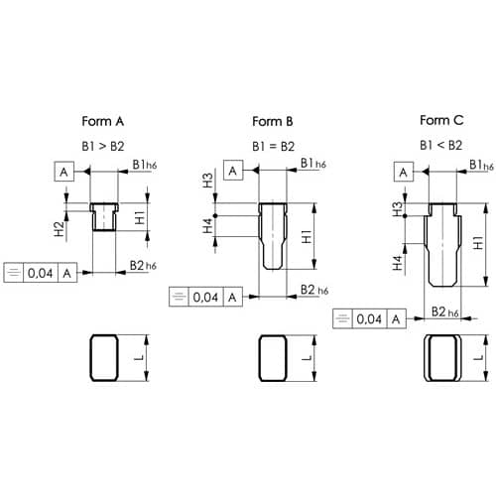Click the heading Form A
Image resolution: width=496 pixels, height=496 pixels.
pos(103,121)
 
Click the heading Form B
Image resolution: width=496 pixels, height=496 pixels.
pos(273,121)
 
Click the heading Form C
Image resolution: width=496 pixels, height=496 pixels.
pos(441,120)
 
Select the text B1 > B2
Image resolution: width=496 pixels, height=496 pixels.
pos(103,146)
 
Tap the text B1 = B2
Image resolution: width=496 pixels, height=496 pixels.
pos(273,146)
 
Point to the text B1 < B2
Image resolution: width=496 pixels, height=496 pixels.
pos(441,145)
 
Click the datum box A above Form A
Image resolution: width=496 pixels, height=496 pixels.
pos(64,172)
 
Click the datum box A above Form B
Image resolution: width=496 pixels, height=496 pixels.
pos(233,171)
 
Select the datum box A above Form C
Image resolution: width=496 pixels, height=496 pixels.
pos(404,172)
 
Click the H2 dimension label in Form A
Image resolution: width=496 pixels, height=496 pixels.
pos(59,229)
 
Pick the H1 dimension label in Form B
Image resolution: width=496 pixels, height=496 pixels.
pos(308,237)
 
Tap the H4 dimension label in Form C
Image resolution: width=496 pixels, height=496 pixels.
pos(398,263)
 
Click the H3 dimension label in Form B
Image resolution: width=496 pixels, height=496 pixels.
pos(207,181)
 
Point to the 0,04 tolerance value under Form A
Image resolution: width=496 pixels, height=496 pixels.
pos(41,273)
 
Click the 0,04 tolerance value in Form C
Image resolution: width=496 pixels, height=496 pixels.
pos(369,319)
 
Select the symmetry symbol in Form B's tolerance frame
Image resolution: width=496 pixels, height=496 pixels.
pos(179,297)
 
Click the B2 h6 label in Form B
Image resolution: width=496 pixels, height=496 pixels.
pos(314,290)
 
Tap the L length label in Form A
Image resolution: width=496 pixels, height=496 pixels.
pos(140,357)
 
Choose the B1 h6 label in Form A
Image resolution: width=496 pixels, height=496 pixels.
pos(145,165)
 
